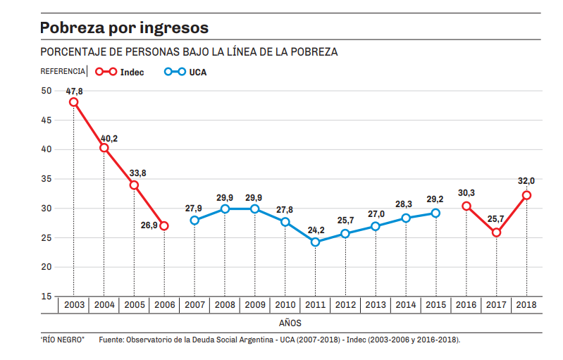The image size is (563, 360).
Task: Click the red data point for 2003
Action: click(74, 102)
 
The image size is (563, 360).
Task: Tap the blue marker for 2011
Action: click(315, 242)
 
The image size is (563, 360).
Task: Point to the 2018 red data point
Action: click(526, 195)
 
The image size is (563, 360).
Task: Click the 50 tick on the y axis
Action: click(46, 90)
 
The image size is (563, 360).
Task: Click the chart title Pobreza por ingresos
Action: click(124, 28)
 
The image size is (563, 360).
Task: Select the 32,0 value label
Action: click(525, 180)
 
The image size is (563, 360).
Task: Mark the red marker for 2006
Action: click(164, 226)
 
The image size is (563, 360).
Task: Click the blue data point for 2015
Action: click(435, 213)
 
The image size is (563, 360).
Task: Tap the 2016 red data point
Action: click(466, 206)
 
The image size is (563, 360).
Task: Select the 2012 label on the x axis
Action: click(345, 304)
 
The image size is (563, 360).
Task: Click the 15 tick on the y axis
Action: click(46, 297)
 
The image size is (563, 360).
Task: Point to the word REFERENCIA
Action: click(62, 72)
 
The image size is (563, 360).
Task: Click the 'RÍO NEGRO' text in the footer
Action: click(62, 340)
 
